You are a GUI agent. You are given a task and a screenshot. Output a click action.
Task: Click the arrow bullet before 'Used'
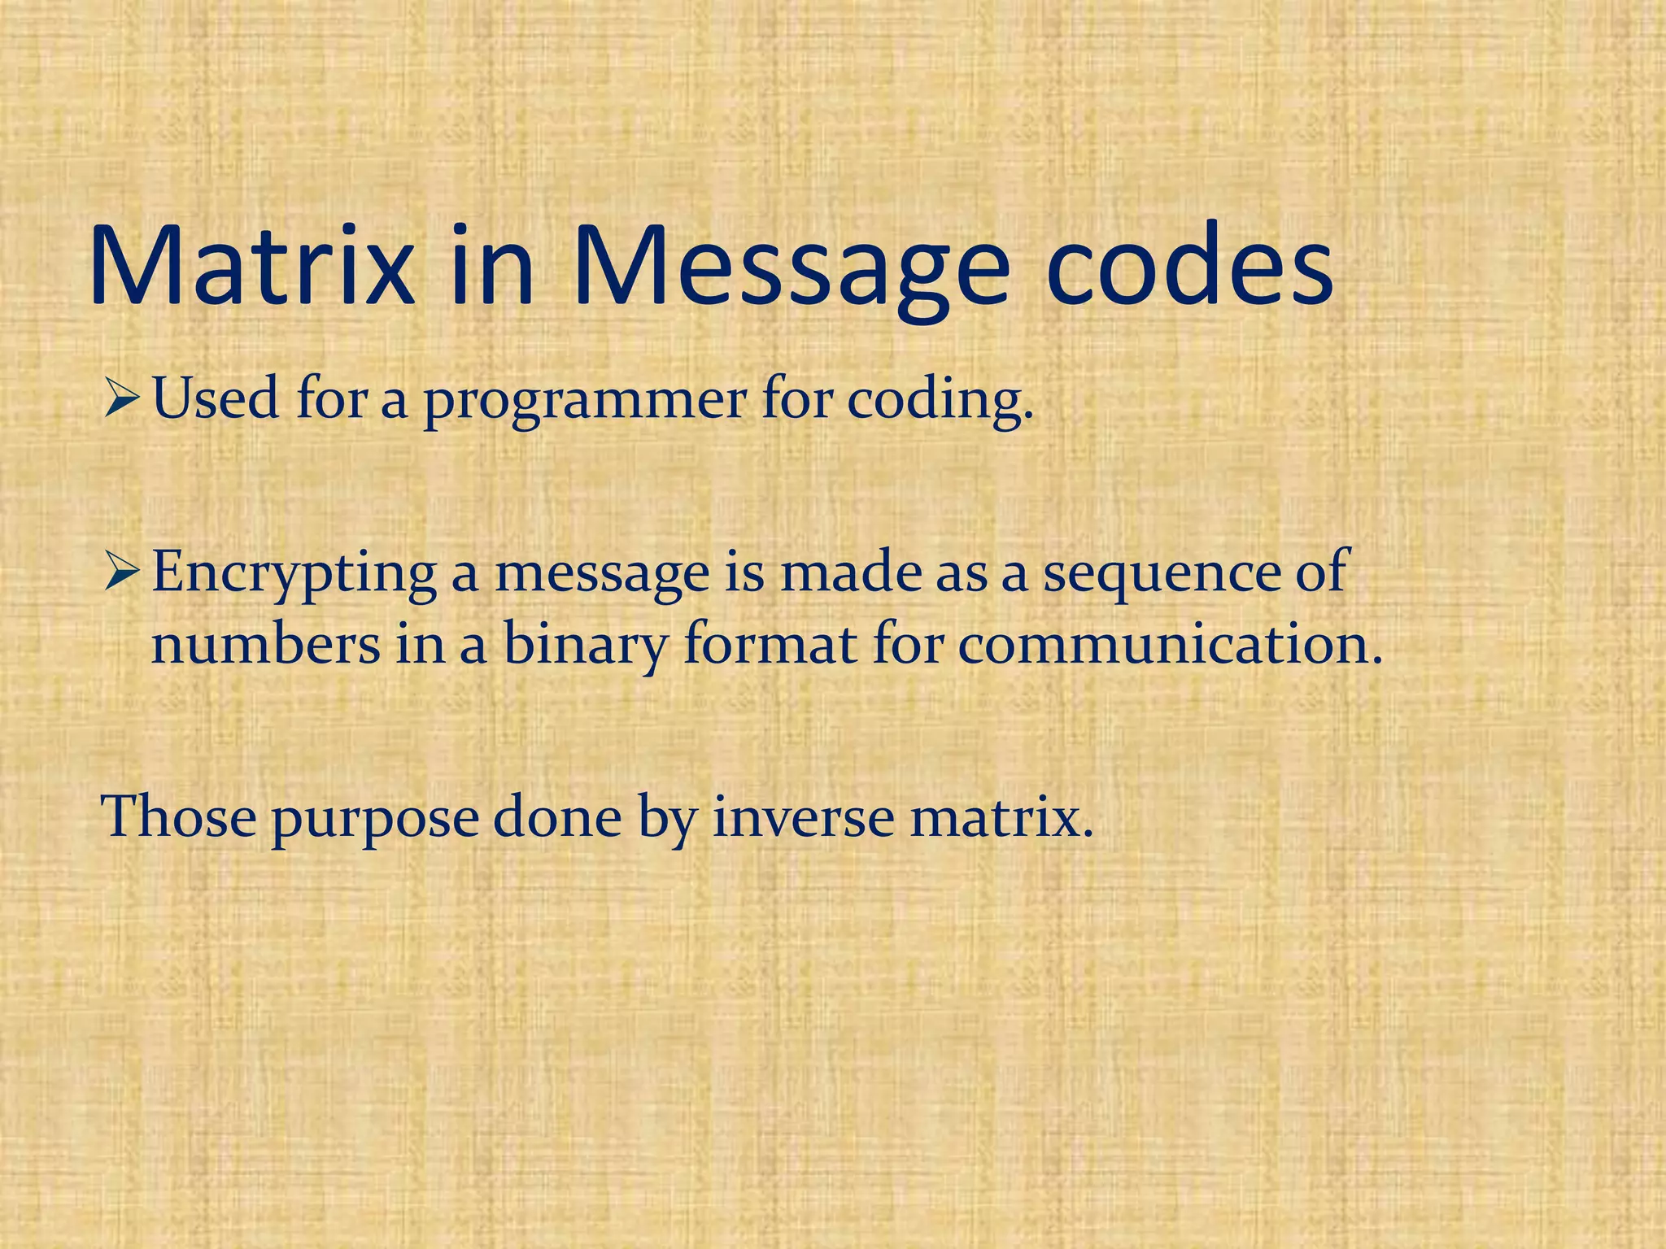pyautogui.click(x=123, y=400)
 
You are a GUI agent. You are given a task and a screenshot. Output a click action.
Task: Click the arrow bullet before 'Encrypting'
pyautogui.click(x=123, y=572)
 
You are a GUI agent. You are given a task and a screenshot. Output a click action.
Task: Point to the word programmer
pyautogui.click(x=584, y=402)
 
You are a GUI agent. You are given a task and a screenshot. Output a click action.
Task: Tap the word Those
pyautogui.click(x=178, y=816)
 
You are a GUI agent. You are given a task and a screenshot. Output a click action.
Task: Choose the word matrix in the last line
pyautogui.click(x=1001, y=816)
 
